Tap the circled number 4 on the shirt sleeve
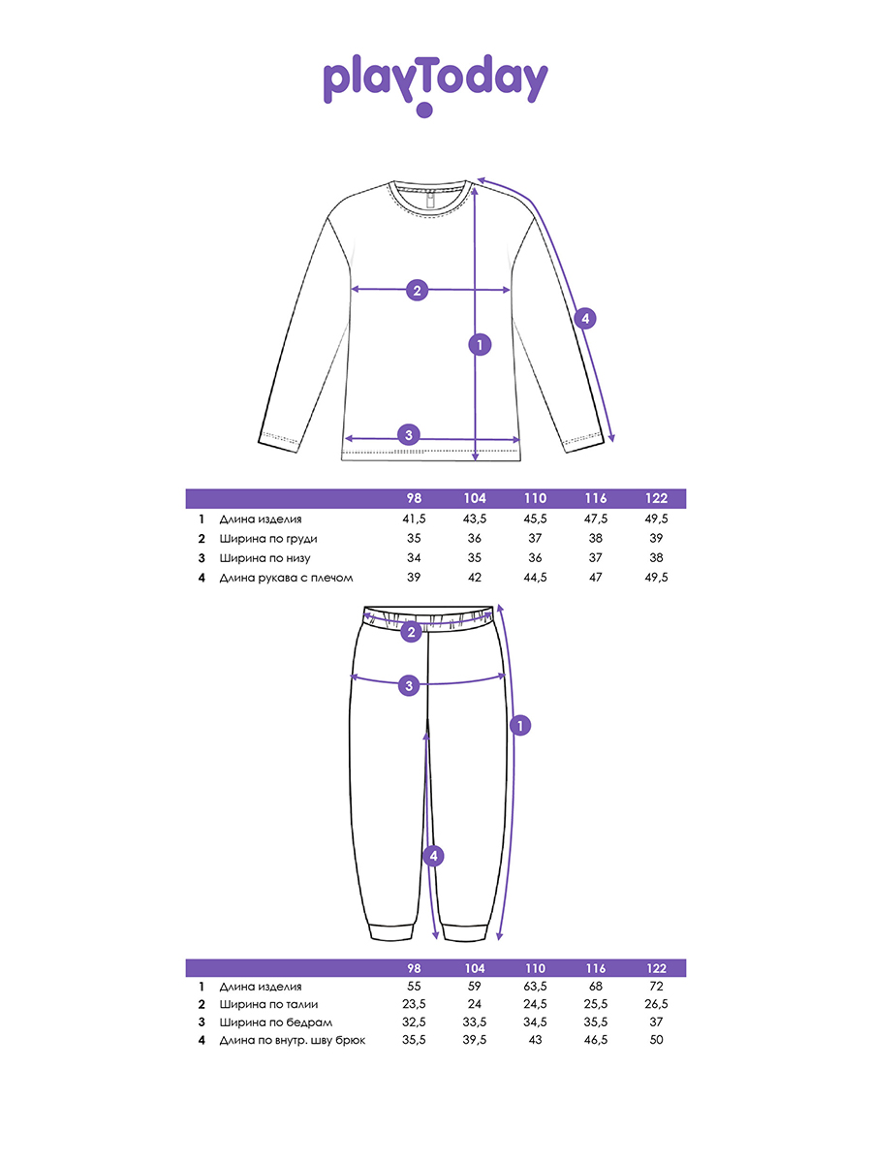584,318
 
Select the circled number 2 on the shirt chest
417,290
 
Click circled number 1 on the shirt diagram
477,343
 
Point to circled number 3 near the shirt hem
409,434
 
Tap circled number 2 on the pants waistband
411,633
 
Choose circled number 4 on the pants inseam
434,856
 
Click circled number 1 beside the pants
520,725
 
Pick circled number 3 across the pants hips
409,685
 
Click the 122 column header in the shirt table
657,498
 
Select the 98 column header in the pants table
414,968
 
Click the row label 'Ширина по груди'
268,539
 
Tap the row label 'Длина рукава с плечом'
287,577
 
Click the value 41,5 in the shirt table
414,519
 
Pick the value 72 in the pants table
657,986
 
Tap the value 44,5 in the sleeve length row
535,577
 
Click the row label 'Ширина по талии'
268,1004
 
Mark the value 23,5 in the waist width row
414,1004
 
